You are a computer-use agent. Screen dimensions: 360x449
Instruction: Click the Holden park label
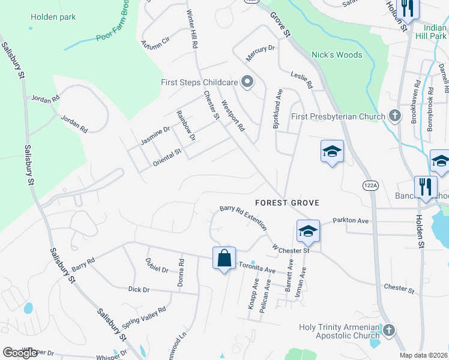click(x=53, y=17)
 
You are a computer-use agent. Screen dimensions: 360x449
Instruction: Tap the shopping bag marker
click(x=224, y=259)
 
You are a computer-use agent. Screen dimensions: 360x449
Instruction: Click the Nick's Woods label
click(x=337, y=55)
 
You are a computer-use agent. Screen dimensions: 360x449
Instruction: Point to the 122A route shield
click(x=370, y=187)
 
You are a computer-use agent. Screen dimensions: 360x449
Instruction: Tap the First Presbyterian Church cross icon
click(x=394, y=115)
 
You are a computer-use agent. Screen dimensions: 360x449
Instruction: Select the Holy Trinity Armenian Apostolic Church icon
click(x=389, y=329)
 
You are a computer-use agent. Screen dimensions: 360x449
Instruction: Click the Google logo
click(x=20, y=352)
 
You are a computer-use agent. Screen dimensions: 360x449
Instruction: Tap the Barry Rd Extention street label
click(x=243, y=217)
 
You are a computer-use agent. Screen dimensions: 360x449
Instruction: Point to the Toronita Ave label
click(x=257, y=268)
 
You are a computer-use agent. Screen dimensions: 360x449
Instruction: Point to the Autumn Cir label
click(x=155, y=42)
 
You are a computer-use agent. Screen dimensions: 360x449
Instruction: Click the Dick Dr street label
click(x=139, y=289)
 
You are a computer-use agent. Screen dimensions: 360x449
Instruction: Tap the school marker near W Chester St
click(x=307, y=231)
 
